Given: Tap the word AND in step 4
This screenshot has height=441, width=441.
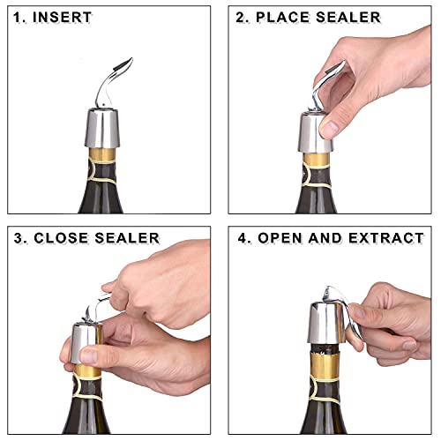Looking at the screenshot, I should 325,238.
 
